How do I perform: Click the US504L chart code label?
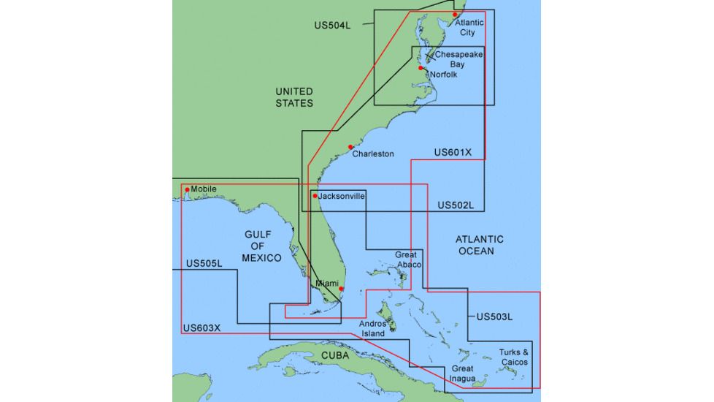click(332, 25)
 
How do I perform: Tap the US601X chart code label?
click(453, 153)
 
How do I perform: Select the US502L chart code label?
click(456, 206)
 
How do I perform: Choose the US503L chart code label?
click(494, 317)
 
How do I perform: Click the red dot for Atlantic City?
click(455, 15)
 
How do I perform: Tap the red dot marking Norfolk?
click(421, 69)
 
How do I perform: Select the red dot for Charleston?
click(351, 147)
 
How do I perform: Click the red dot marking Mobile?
click(188, 190)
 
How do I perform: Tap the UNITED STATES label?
click(294, 97)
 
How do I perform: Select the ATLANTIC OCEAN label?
click(480, 245)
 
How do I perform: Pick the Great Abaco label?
click(407, 259)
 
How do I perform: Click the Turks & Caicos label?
click(514, 357)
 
